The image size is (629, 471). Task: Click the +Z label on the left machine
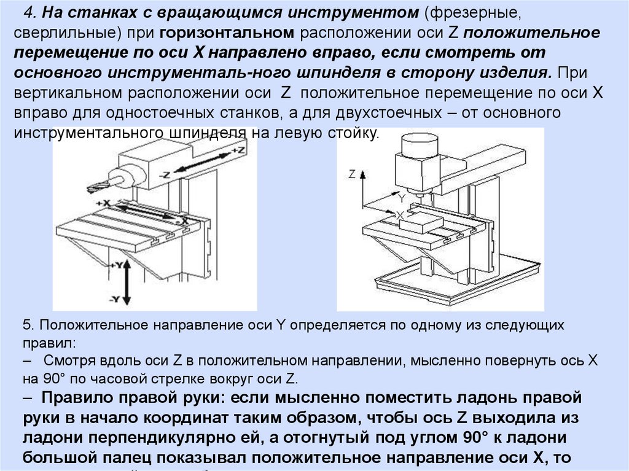[x=240, y=149]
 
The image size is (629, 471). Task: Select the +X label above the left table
[x=103, y=202]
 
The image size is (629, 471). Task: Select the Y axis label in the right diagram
[x=402, y=198]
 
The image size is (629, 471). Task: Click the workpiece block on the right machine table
[x=421, y=221]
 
